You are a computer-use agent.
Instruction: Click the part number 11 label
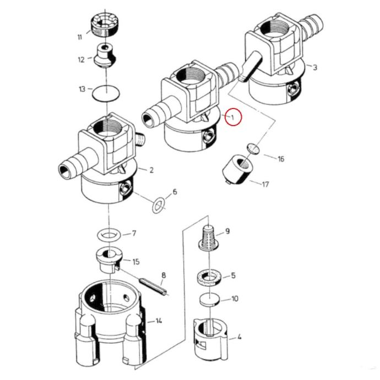(80, 37)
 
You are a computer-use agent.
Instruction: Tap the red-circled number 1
(232, 117)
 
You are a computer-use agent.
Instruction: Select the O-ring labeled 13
(107, 93)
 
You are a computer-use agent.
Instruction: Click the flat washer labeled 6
(159, 205)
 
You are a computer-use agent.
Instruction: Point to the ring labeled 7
(109, 235)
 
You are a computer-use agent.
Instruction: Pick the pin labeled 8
(153, 287)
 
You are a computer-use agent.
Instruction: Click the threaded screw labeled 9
(208, 237)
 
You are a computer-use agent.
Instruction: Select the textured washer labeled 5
(209, 278)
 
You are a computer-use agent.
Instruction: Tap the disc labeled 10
(210, 300)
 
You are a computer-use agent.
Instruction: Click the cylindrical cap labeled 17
(238, 170)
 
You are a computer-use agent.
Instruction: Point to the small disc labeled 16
(253, 149)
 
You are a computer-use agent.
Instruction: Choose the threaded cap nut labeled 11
(104, 25)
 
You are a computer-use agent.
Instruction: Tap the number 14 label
(159, 321)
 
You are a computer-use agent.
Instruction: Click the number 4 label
(239, 336)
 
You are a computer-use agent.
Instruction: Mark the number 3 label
(315, 67)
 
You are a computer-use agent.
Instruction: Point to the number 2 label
(151, 170)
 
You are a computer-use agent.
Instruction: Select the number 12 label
(81, 59)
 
